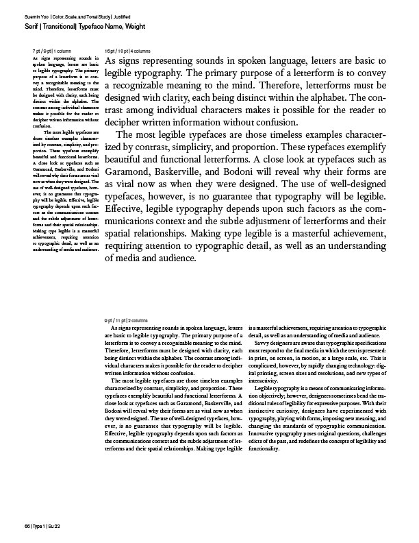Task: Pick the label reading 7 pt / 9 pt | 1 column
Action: [x=53, y=51]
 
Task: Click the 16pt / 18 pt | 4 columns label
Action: [x=128, y=51]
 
